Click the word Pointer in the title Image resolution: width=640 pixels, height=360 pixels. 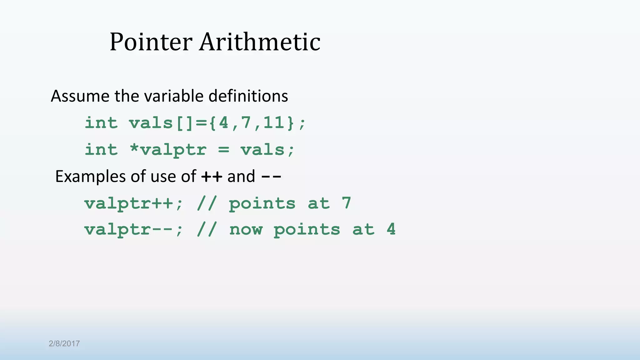pyautogui.click(x=151, y=42)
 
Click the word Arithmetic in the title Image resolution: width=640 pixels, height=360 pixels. pyautogui.click(x=260, y=42)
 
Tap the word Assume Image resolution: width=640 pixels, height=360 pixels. pyautogui.click(x=80, y=96)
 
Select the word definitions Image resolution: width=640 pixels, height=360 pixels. pyautogui.click(x=248, y=96)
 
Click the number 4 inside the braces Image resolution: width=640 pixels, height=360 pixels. pyautogui.click(x=224, y=122)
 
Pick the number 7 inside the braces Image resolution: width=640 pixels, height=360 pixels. pyautogui.click(x=246, y=122)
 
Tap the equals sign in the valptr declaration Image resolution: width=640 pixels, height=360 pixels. pyautogui.click(x=224, y=149)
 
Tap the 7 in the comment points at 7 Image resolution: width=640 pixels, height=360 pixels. pyautogui.click(x=346, y=203)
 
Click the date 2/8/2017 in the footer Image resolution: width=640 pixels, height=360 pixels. pyautogui.click(x=64, y=344)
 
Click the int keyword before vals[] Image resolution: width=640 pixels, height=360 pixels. pyautogui.click(x=101, y=122)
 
